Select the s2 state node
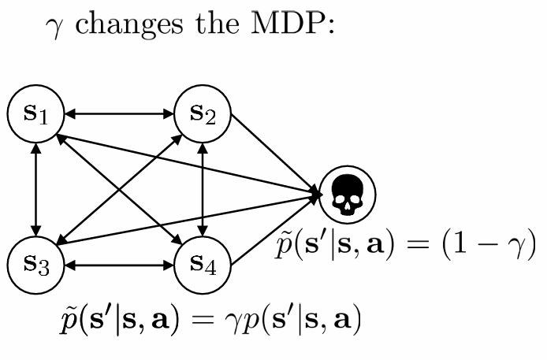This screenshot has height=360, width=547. click(x=203, y=114)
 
